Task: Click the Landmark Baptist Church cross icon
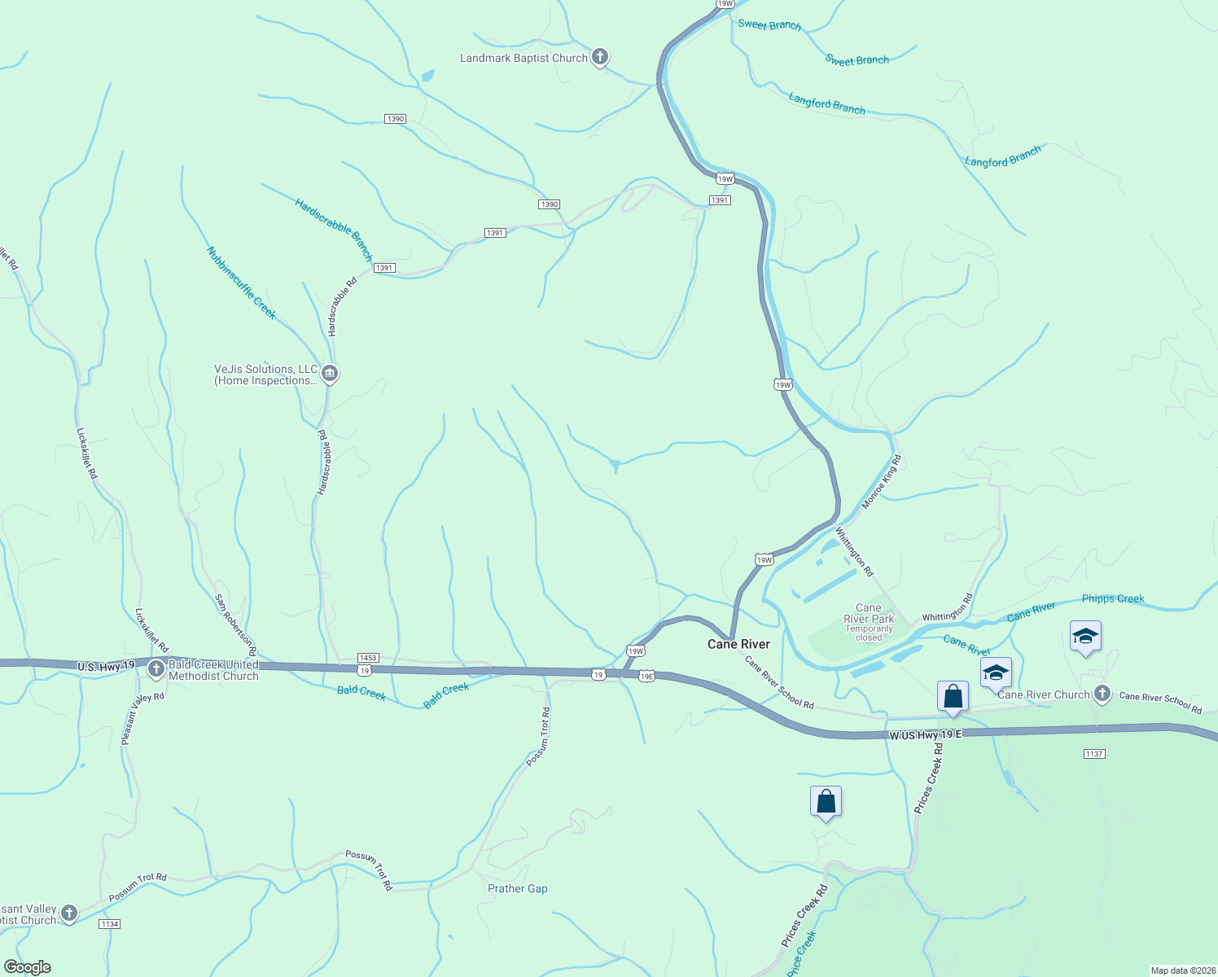coord(600,57)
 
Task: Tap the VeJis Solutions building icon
coord(329,374)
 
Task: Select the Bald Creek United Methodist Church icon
coord(156,669)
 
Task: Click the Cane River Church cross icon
coord(1102,694)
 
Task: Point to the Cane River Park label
coord(869,614)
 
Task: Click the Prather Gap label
coord(517,888)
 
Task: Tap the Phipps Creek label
coord(1112,598)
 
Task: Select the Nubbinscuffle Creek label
coord(241,283)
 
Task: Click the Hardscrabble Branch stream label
coord(334,229)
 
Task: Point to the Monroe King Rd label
coord(882,482)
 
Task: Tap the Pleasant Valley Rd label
coord(142,718)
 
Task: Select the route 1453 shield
coord(368,657)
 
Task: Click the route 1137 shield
coord(1094,754)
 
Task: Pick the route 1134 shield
coord(109,923)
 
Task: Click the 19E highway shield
coord(646,676)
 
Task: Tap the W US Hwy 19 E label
coord(925,734)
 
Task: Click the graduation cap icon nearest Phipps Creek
coord(1085,637)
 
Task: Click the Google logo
coord(28,967)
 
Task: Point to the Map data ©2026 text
coord(1181,970)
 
